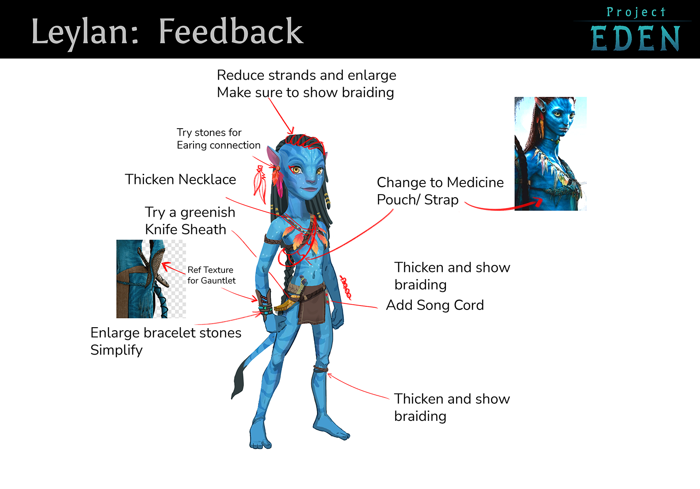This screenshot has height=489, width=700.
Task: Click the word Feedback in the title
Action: pos(231,32)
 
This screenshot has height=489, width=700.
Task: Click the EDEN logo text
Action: pos(635,38)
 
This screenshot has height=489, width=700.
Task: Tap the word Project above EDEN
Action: pos(635,12)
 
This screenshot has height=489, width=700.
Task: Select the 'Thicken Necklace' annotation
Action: pos(180,180)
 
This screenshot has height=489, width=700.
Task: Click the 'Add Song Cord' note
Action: pos(435,305)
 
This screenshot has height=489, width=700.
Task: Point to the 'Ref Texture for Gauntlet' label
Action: pos(211,275)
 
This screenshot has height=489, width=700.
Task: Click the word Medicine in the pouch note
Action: pos(475,183)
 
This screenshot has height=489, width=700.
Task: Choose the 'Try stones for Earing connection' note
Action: pos(218,139)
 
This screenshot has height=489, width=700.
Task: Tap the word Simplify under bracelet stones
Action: pos(117,350)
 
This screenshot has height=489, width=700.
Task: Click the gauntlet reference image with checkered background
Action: pos(151,279)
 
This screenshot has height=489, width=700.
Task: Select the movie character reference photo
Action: pos(550,153)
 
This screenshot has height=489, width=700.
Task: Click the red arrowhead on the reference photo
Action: pos(538,202)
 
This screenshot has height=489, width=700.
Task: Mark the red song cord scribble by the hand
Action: pos(346,287)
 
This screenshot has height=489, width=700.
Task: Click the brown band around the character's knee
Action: pos(321,369)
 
